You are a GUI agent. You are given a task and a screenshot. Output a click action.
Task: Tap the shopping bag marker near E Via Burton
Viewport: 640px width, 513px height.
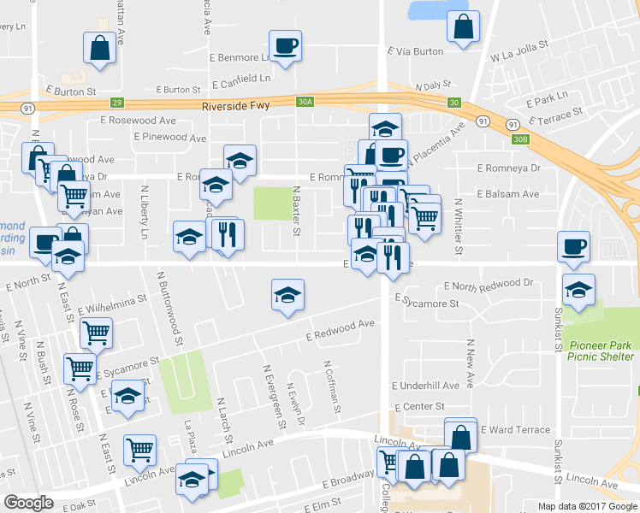463,27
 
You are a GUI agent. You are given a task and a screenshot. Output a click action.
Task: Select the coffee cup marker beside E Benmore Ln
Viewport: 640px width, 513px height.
285,45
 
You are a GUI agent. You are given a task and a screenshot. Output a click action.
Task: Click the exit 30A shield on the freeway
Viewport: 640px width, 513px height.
305,102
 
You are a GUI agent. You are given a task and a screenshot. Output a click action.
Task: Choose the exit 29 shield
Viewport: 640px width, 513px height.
117,102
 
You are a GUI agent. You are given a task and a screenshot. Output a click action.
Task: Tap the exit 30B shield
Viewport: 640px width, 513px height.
521,138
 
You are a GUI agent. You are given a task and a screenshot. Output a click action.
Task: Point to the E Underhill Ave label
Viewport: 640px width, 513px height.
425,386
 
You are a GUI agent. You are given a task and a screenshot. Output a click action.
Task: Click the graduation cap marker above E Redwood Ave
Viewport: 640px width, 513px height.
288,296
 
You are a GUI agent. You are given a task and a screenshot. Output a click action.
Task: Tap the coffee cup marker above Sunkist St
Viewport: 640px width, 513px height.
573,247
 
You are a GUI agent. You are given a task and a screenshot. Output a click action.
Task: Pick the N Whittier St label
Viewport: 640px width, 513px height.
459,227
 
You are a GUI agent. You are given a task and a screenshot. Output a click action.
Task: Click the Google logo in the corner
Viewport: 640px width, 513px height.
29,503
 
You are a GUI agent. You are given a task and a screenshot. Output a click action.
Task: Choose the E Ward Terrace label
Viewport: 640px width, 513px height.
515,428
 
